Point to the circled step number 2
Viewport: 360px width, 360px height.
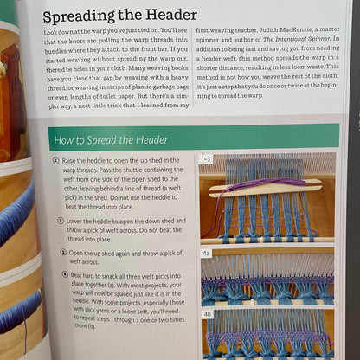coord(56,222)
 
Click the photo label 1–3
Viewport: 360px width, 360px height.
coord(207,159)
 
